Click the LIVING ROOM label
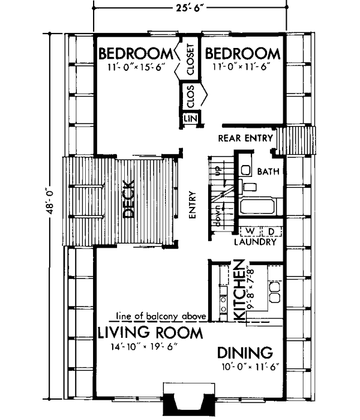pos(150,332)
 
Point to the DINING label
pos(245,352)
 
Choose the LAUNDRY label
pos(256,242)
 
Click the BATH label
pos(268,172)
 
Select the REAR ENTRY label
pos(245,138)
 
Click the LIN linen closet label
pos(190,118)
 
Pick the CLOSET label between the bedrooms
pos(190,59)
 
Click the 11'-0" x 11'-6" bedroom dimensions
pos(243,67)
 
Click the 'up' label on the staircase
pos(218,172)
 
